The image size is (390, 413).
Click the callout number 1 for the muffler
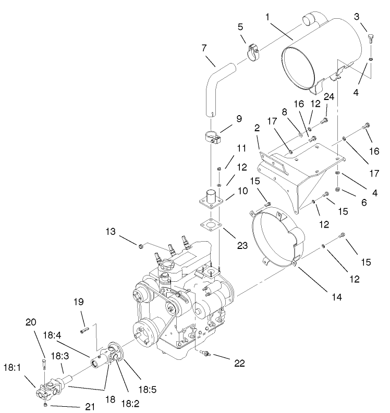coord(267,18)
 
